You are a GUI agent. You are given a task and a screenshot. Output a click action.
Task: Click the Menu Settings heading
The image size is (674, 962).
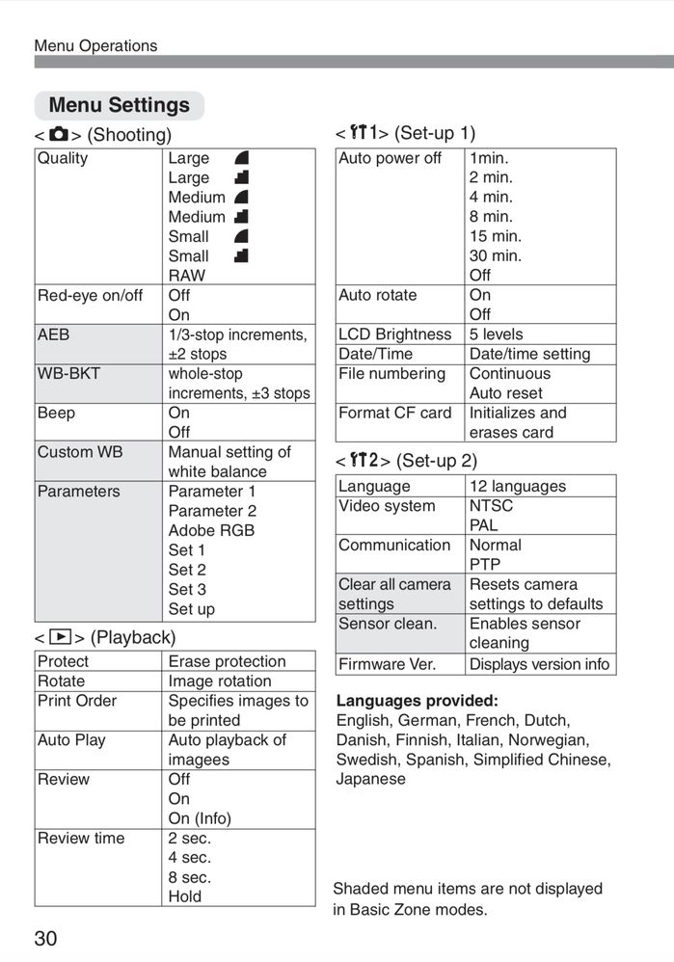[119, 105]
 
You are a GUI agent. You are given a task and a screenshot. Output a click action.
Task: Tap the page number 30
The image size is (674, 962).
[45, 939]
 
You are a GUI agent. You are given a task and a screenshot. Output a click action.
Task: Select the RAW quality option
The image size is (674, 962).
[186, 276]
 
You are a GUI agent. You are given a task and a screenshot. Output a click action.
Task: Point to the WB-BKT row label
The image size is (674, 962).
[68, 373]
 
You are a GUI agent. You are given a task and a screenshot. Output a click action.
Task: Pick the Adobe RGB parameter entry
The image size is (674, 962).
[211, 530]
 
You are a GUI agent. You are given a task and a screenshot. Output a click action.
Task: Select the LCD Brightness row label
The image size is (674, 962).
[394, 334]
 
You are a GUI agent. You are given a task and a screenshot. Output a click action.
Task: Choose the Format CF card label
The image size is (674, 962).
[394, 413]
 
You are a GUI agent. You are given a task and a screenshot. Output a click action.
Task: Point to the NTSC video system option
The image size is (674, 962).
[491, 506]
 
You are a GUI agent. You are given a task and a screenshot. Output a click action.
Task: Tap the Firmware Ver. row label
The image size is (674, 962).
[387, 664]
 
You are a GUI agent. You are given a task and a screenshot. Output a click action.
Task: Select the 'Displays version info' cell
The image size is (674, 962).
[539, 664]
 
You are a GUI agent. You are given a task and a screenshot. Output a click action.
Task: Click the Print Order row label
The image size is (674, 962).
[77, 701]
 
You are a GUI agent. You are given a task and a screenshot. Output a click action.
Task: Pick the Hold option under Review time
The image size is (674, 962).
[185, 896]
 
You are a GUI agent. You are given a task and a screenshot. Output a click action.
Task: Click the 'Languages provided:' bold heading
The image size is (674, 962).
[417, 701]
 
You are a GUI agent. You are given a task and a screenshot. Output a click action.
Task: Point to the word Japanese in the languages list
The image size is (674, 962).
[370, 779]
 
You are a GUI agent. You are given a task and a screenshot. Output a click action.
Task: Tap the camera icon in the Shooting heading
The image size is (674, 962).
[59, 134]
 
